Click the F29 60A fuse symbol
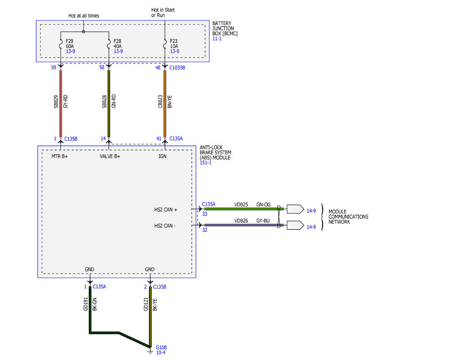61,44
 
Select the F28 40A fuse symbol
109,44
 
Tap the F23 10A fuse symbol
165,44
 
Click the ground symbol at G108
150,352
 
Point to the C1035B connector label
177,68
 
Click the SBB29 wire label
56,101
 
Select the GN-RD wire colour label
114,101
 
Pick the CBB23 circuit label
160,101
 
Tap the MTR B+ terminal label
60,156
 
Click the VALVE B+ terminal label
110,156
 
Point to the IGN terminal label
162,156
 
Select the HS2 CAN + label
165,209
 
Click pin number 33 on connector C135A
205,214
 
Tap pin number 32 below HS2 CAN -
205,230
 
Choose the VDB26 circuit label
241,221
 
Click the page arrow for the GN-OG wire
295,209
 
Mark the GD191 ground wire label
85,304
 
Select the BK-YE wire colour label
155,305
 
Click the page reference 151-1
205,163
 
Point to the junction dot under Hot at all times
83,32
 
